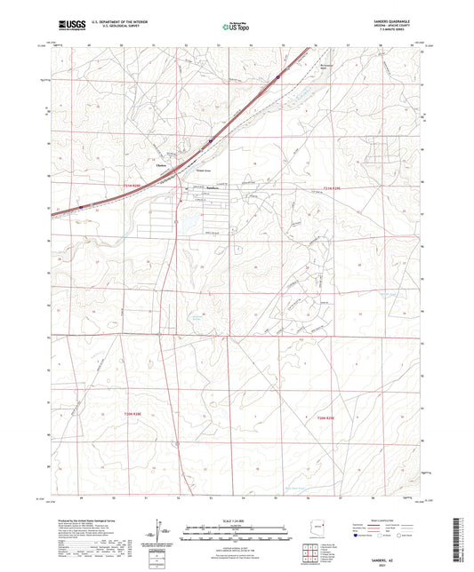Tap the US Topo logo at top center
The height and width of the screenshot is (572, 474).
[232, 28]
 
